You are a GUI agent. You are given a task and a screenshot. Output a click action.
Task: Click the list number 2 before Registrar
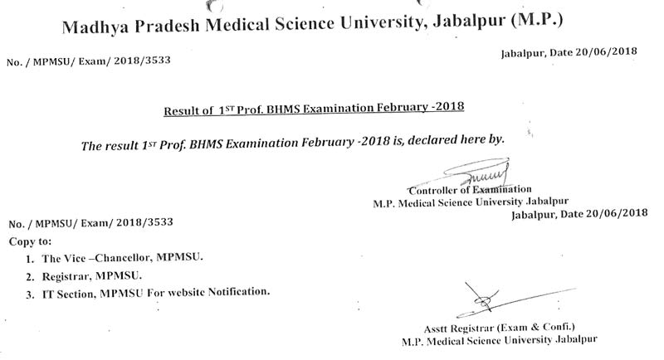click(x=29, y=275)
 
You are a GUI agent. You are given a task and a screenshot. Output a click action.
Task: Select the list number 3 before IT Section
click(x=29, y=293)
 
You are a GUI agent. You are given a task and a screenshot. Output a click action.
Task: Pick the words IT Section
click(x=66, y=293)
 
